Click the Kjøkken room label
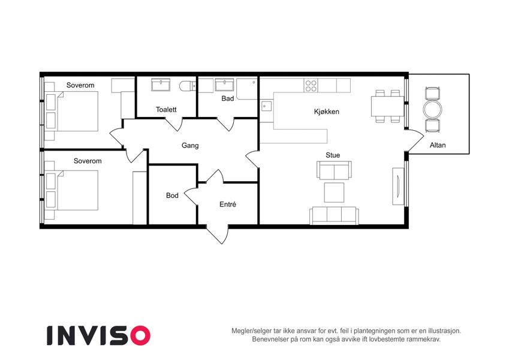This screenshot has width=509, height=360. [327, 112]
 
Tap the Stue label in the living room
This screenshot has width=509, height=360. [333, 155]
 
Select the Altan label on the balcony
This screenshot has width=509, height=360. [438, 145]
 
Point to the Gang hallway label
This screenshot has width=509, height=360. [190, 146]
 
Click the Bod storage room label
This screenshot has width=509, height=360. [172, 196]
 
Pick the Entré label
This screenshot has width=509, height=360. [228, 205]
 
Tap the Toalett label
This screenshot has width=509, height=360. [166, 109]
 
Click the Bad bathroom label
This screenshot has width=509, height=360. [228, 98]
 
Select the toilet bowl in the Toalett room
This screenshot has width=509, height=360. [187, 86]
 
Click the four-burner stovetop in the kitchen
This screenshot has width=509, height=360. [311, 85]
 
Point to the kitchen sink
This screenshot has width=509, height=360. [266, 106]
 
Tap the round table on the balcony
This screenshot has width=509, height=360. [433, 109]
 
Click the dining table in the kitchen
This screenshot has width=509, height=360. [386, 106]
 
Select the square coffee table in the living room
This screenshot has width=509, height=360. [334, 193]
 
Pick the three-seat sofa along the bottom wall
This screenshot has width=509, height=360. [334, 215]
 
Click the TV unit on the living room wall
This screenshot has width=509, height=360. [398, 186]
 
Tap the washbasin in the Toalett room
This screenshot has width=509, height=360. [161, 85]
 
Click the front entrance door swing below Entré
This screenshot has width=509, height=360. [218, 234]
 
